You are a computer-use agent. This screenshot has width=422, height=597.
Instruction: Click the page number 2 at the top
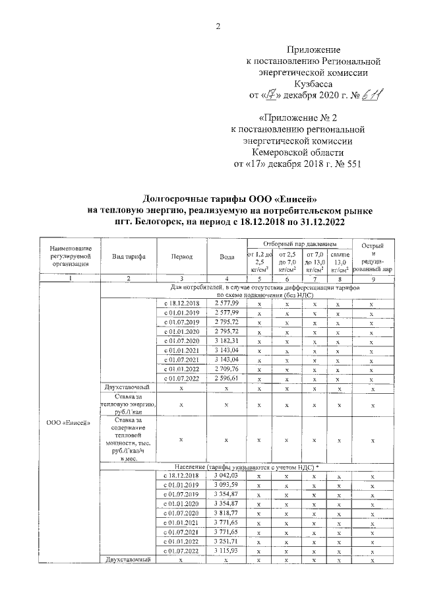pyautogui.click(x=217, y=26)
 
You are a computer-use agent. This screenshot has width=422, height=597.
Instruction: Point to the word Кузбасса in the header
pyautogui.click(x=313, y=84)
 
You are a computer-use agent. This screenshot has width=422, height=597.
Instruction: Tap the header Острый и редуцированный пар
pyautogui.click(x=373, y=258)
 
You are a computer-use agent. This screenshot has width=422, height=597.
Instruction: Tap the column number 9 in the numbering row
pyautogui.click(x=373, y=278)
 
